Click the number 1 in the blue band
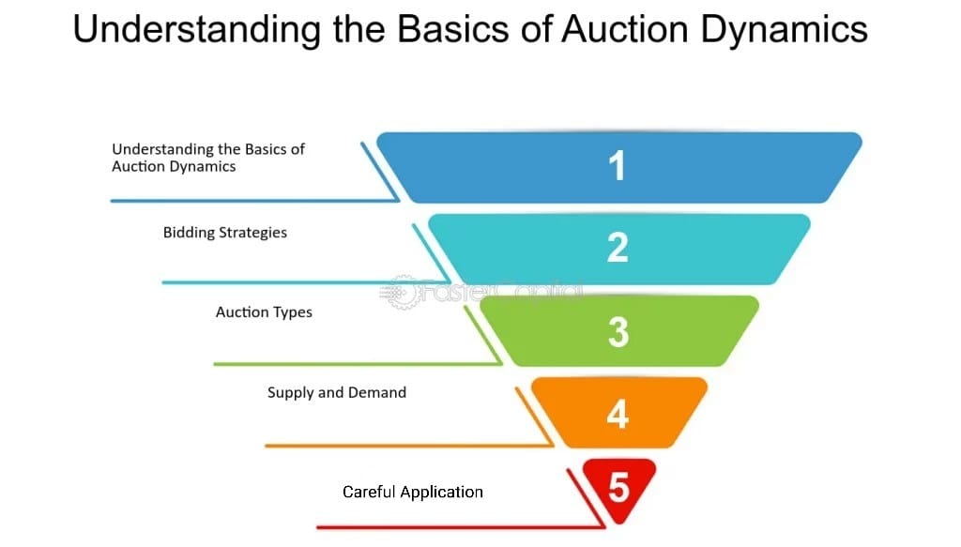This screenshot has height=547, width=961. pyautogui.click(x=617, y=165)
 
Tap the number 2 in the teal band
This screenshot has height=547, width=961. pyautogui.click(x=618, y=248)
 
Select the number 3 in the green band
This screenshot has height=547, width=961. pyautogui.click(x=618, y=332)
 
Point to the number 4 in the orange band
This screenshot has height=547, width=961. pyautogui.click(x=618, y=414)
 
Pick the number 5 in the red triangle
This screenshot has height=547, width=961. pyautogui.click(x=619, y=488)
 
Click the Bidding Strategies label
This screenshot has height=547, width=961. pyautogui.click(x=225, y=233)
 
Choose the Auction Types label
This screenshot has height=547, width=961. pyautogui.click(x=264, y=312)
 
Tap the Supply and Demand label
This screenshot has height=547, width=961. pyautogui.click(x=337, y=392)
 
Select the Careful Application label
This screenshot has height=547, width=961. pyautogui.click(x=413, y=492)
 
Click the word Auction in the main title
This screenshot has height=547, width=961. pyautogui.click(x=624, y=29)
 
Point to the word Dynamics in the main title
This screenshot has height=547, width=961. pyautogui.click(x=785, y=30)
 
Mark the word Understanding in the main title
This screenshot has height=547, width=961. pyautogui.click(x=197, y=30)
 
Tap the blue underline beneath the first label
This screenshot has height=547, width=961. pyautogui.click(x=254, y=200)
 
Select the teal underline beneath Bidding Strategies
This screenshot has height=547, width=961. pyautogui.click(x=306, y=282)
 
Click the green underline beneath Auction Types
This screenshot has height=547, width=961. pyautogui.click(x=358, y=364)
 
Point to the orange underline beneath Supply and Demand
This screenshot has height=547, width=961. pyautogui.click(x=409, y=446)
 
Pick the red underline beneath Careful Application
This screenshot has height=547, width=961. pyautogui.click(x=460, y=526)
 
